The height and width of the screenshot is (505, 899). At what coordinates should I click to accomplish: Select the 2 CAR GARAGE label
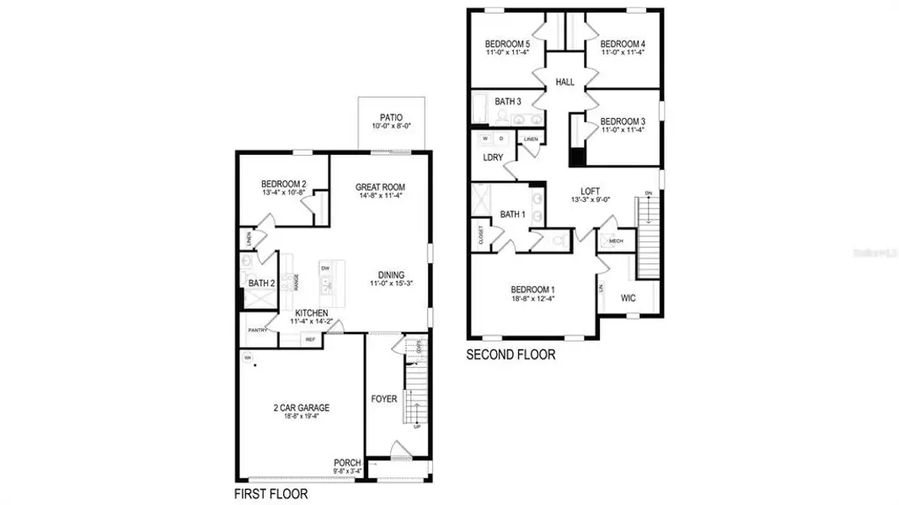301,407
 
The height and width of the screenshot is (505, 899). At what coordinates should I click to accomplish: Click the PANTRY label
258,330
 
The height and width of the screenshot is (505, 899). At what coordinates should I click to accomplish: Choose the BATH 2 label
261,284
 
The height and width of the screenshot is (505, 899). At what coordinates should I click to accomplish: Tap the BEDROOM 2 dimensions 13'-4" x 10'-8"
283,193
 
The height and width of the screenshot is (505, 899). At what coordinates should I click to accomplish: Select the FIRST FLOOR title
270,493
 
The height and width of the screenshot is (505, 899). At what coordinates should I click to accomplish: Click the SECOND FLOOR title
511,355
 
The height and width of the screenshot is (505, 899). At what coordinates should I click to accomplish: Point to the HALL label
565,82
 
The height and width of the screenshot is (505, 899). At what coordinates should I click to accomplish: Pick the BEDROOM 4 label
622,45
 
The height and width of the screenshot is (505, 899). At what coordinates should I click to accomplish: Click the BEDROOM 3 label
623,121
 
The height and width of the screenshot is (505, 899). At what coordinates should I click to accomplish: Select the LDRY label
493,157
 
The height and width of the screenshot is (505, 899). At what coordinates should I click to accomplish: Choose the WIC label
628,298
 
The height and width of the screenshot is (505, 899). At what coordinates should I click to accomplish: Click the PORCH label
347,463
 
